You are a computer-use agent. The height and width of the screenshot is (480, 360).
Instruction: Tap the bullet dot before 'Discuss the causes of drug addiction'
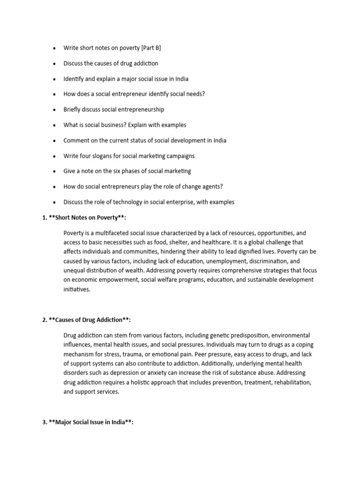[x=54, y=63]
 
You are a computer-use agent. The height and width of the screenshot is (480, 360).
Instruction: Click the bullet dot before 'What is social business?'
[x=54, y=125]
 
